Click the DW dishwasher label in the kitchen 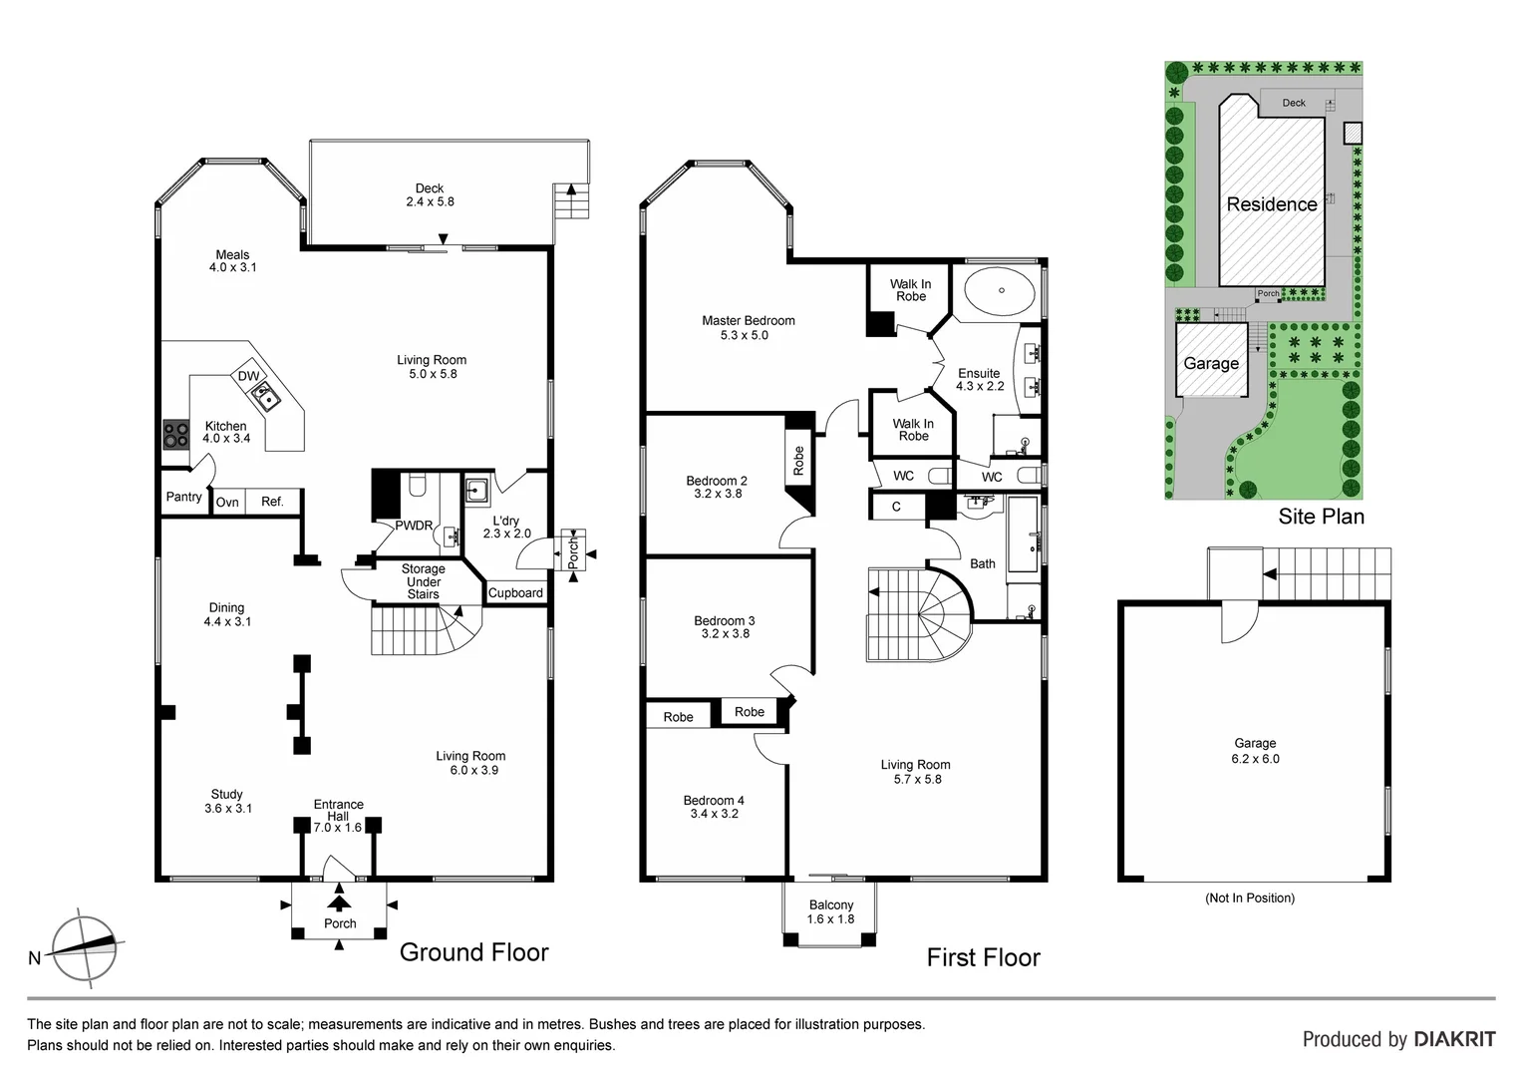[x=248, y=376]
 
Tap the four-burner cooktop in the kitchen [x=176, y=434]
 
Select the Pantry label [x=183, y=497]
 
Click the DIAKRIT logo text [x=1454, y=1039]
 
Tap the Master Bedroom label [x=748, y=320]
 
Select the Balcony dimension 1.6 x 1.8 [x=830, y=919]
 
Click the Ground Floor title [x=473, y=952]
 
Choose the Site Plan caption [x=1321, y=516]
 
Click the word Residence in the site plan [x=1271, y=204]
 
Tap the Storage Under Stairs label [x=423, y=581]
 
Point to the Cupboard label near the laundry [x=515, y=593]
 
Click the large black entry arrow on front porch [x=340, y=900]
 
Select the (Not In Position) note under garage [x=1249, y=897]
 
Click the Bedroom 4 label [x=714, y=801]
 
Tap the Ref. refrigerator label [x=272, y=502]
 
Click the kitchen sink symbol [x=266, y=398]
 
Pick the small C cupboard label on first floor [x=896, y=507]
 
